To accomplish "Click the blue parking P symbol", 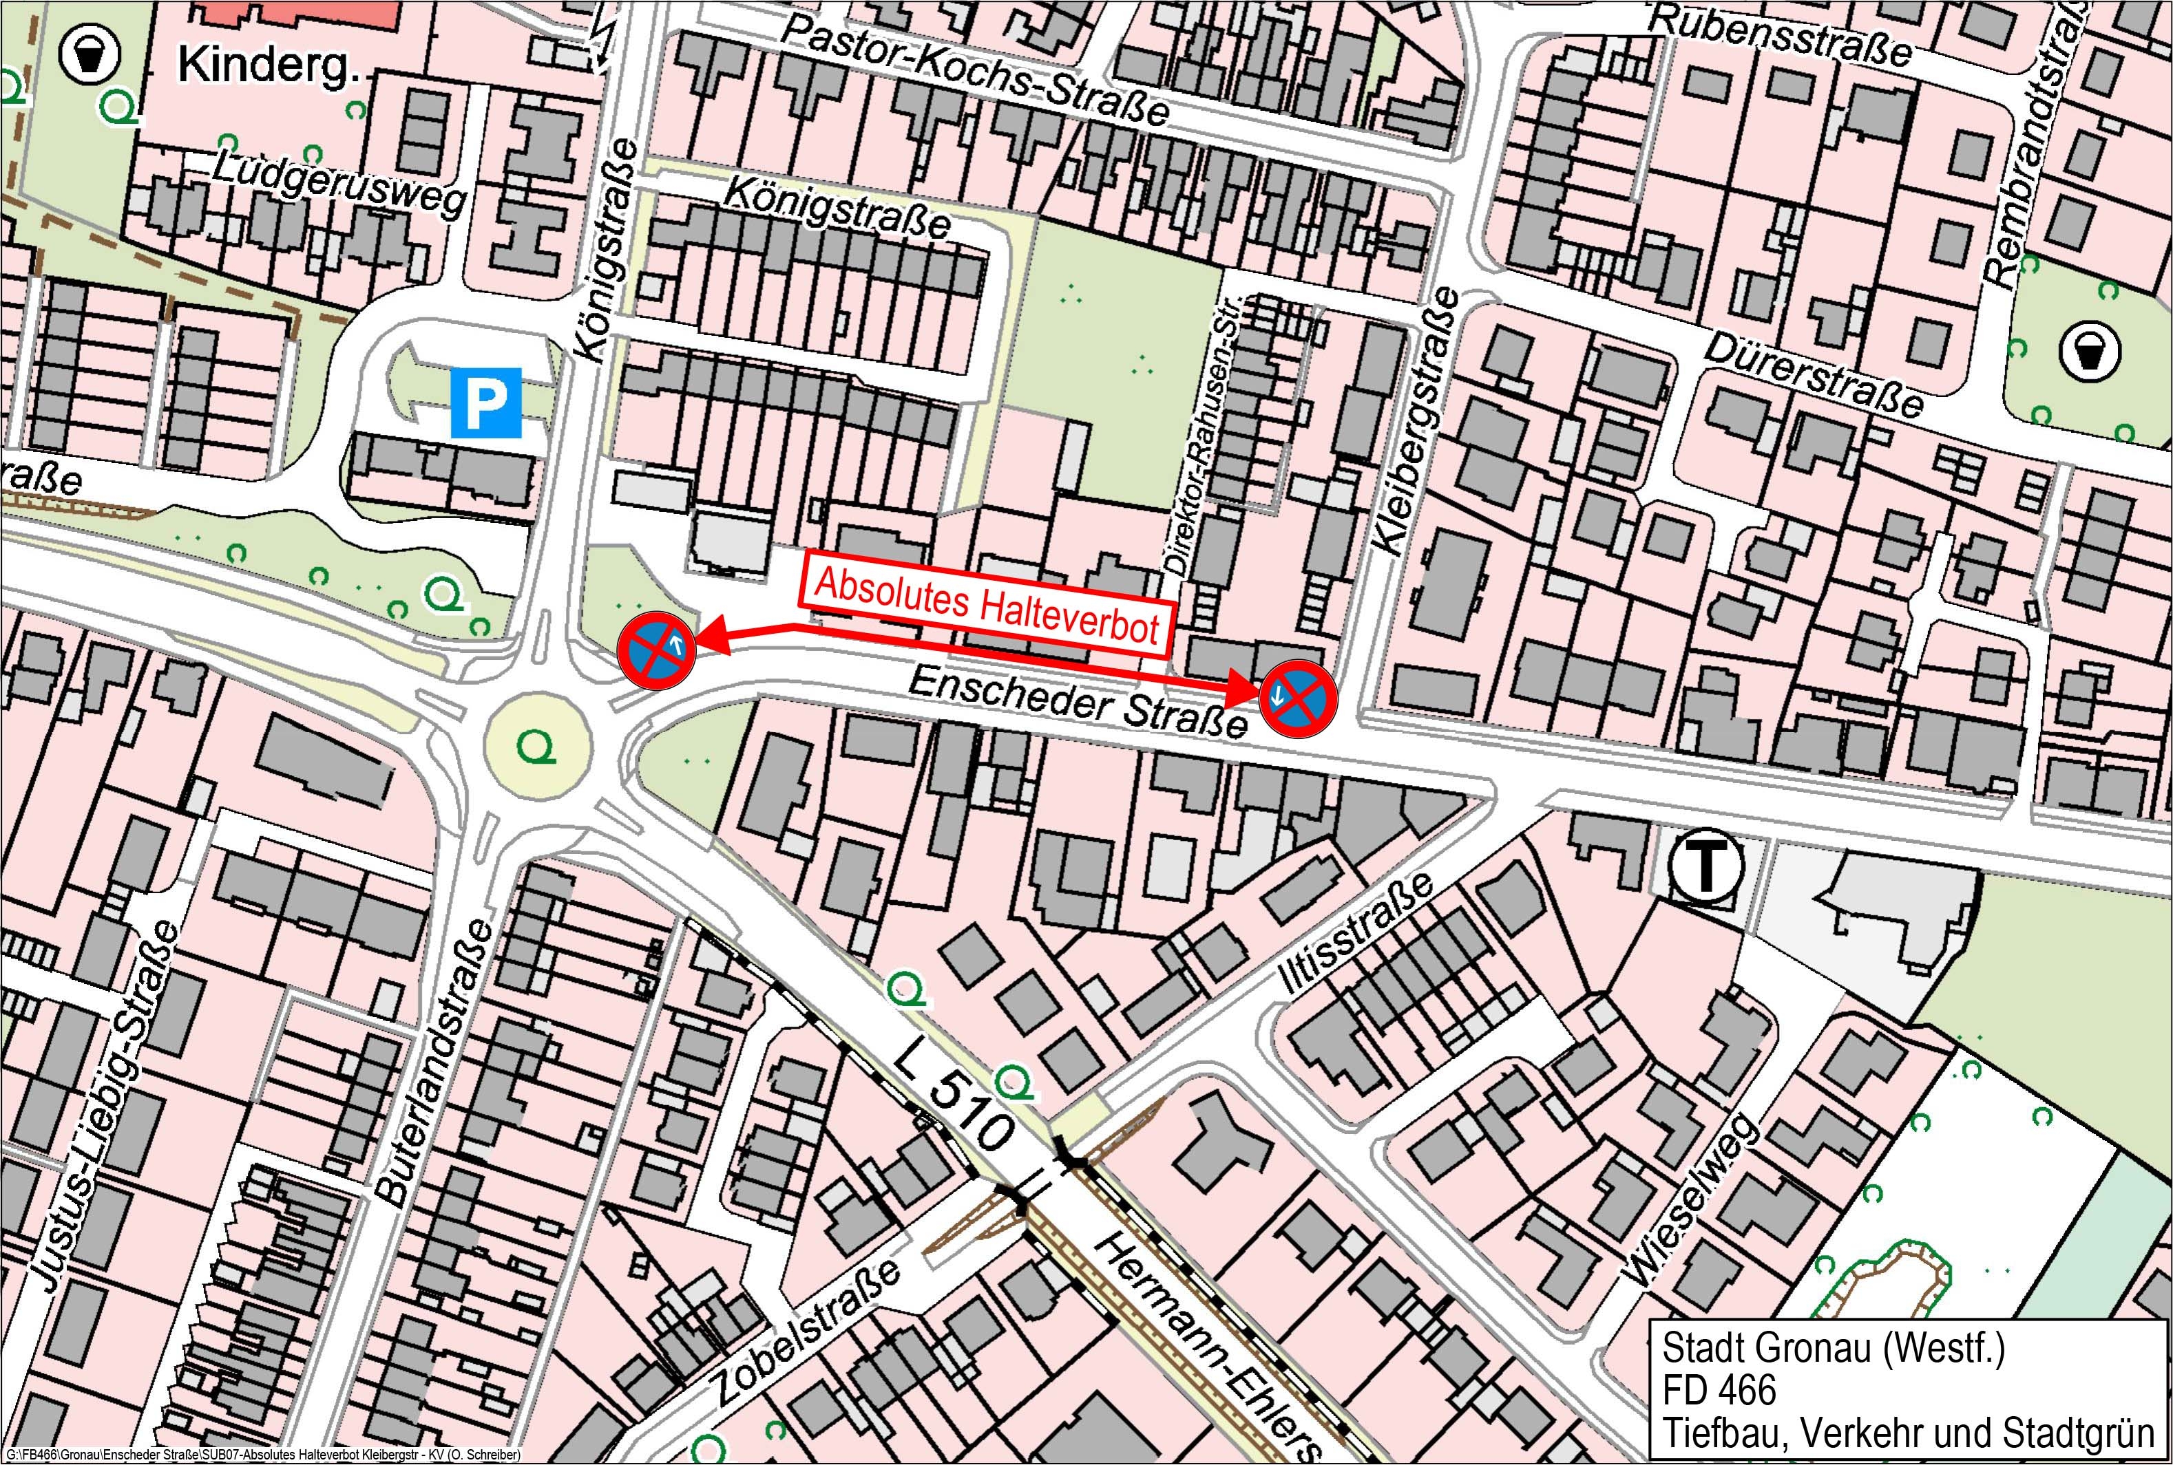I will tap(486, 403).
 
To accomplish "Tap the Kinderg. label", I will tap(269, 65).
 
